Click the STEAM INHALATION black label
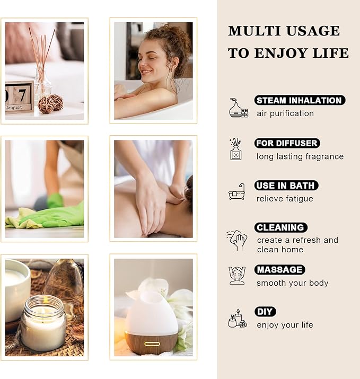tap(300, 100)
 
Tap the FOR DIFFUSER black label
tap(287, 143)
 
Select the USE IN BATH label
tap(286, 186)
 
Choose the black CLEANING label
tap(280, 227)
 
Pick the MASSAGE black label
tap(279, 270)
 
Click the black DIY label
tap(265, 312)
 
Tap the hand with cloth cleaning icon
tap(237, 240)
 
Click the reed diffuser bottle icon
tap(236, 149)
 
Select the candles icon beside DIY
tap(236, 319)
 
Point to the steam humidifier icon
tap(238, 108)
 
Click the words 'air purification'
tap(285, 113)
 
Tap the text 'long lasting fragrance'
tap(300, 156)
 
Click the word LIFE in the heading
tap(331, 53)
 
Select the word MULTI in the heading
tap(250, 31)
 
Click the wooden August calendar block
tap(20, 97)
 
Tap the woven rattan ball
tap(50, 103)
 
